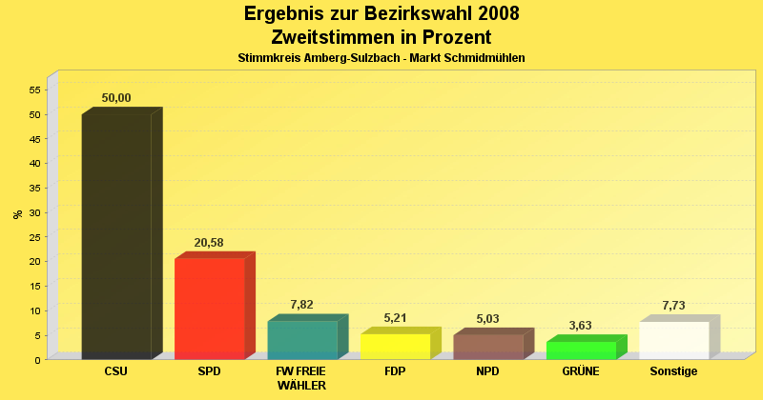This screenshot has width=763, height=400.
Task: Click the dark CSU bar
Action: pos(116,236)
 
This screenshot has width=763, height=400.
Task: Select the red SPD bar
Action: pos(210,309)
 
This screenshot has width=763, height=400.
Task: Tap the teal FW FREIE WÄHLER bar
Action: pos(302,340)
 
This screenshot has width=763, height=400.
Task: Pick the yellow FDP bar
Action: pos(395,346)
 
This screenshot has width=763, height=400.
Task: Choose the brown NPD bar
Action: pos(488,347)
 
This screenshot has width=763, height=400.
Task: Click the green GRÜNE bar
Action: pos(581,350)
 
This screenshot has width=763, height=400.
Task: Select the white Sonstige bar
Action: pos(674,340)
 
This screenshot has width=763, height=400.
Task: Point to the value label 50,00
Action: pos(116,98)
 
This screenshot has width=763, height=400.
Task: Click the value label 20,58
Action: pos(209,243)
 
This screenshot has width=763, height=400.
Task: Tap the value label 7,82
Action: pos(302,305)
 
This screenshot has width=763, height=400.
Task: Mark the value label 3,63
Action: pos(581,326)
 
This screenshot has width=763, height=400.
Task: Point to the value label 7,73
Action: pos(674,306)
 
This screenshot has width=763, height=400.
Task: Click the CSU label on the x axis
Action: pos(116,371)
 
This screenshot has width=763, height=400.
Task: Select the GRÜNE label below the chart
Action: pos(581,371)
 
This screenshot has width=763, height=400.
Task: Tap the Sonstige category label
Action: pos(673,371)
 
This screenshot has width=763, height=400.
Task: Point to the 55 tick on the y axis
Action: pos(35,90)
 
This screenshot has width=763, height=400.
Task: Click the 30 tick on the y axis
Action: pos(35,212)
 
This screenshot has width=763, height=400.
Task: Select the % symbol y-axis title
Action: pos(17,214)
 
